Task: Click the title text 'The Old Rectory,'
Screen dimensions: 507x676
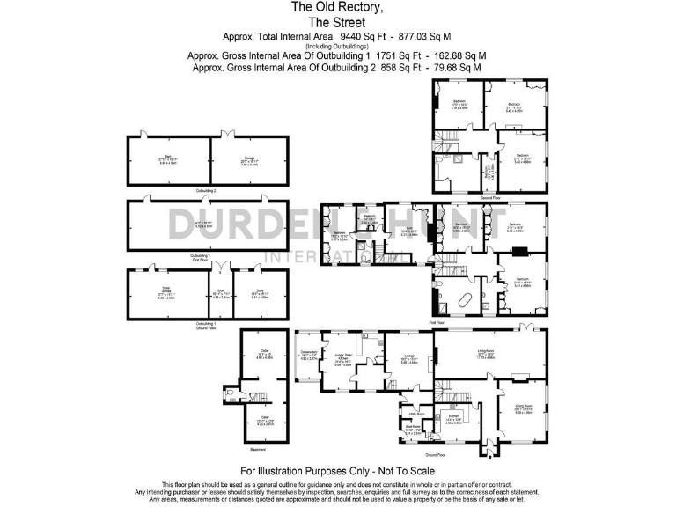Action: (338, 7)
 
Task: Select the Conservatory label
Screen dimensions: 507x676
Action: (309, 355)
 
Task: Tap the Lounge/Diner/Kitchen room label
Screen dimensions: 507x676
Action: (342, 358)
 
